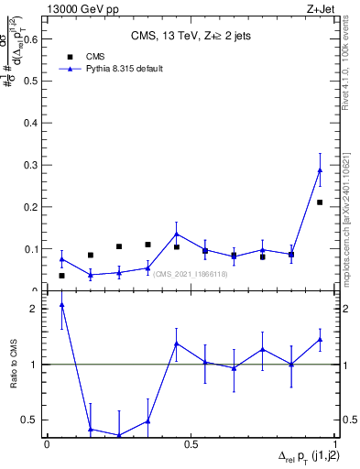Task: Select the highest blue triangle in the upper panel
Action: tap(320, 169)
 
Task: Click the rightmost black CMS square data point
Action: tap(320, 202)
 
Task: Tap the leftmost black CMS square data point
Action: tap(61, 276)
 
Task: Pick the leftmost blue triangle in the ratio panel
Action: tap(61, 305)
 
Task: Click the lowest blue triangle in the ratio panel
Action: tap(119, 435)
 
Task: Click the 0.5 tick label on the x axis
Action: tap(191, 444)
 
